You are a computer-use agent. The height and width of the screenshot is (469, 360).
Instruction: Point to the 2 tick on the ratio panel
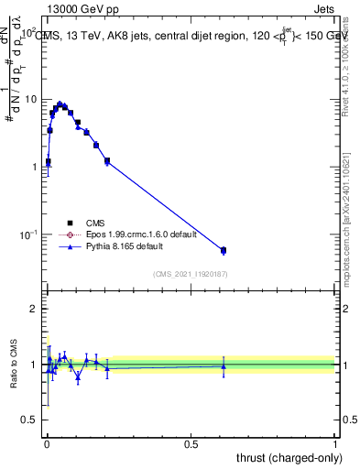pyautogui.click(x=33, y=309)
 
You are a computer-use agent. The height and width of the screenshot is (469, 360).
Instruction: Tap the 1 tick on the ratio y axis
pyautogui.click(x=33, y=365)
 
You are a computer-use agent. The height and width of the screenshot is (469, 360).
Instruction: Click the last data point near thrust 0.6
pyautogui.click(x=224, y=250)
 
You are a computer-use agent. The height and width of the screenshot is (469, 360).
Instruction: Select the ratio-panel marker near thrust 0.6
pyautogui.click(x=224, y=366)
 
